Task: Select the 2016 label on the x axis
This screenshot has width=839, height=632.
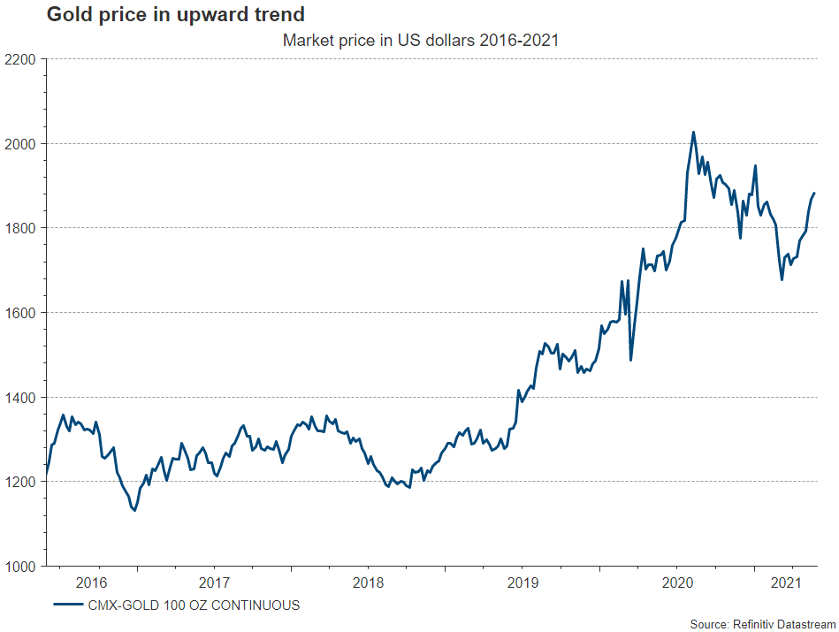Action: tap(92, 583)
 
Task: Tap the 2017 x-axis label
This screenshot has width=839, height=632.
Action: tap(214, 583)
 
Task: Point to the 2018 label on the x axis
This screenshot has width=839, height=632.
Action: tap(368, 583)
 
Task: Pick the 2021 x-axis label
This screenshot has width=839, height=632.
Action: tap(787, 583)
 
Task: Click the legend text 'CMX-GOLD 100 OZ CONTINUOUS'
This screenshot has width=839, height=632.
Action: tap(194, 605)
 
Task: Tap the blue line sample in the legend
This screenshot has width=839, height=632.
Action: tap(68, 605)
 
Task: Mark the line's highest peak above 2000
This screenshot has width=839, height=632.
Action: tap(693, 133)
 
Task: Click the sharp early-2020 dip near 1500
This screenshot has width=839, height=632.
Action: tap(630, 360)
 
